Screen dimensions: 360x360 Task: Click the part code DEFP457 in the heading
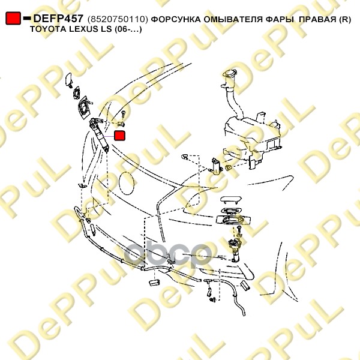coord(58,19)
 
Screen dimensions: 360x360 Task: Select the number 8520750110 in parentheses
coord(118,19)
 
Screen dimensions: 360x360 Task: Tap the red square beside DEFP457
coord(13,19)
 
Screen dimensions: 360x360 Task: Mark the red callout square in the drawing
coord(119,136)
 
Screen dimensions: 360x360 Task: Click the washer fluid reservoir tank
coord(252,138)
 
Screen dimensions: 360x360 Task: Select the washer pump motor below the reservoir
coord(216,166)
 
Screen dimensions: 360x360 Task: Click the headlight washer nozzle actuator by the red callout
coord(100,134)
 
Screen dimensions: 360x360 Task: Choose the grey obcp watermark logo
coord(167,254)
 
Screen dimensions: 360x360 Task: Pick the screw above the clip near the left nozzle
coord(124,114)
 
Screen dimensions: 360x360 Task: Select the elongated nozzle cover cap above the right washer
coord(231,199)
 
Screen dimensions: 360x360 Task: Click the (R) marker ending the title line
coord(346,20)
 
